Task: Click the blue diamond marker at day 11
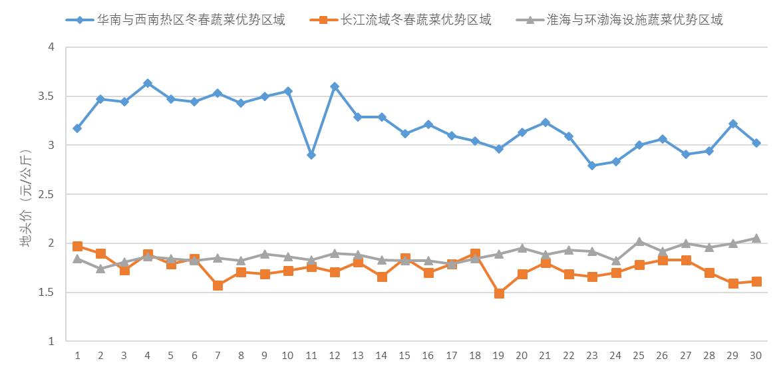311,155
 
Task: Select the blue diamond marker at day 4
148,83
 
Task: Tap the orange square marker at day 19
499,293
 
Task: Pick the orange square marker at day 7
218,285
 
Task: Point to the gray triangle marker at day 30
756,238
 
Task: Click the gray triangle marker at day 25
639,241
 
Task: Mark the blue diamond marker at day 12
335,86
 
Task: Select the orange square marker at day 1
78,247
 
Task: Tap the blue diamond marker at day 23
592,166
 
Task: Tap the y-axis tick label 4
51,47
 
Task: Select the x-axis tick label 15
404,356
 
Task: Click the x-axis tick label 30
756,356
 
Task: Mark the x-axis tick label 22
568,356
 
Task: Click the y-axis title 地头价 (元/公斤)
25,199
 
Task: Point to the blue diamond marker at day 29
732,124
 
